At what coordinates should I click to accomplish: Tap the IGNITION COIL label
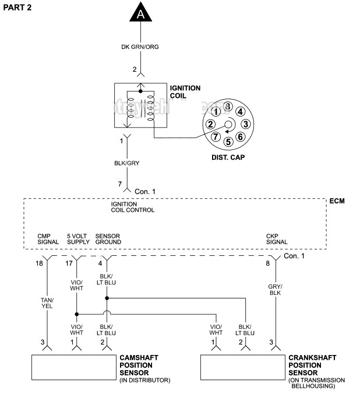[x=185, y=92]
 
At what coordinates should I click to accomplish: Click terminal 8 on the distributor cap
[x=228, y=107]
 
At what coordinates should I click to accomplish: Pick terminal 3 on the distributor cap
[x=246, y=124]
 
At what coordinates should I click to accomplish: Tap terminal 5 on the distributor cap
[x=228, y=141]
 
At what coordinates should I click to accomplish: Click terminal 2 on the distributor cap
[x=210, y=124]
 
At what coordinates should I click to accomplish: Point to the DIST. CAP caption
[x=228, y=158]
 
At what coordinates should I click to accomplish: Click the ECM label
[x=337, y=201]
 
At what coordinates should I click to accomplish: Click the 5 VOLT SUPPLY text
[x=77, y=239]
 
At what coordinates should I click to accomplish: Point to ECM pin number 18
[x=39, y=264]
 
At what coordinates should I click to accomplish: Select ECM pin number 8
[x=267, y=264]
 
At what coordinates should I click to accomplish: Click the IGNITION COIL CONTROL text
[x=133, y=207]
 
